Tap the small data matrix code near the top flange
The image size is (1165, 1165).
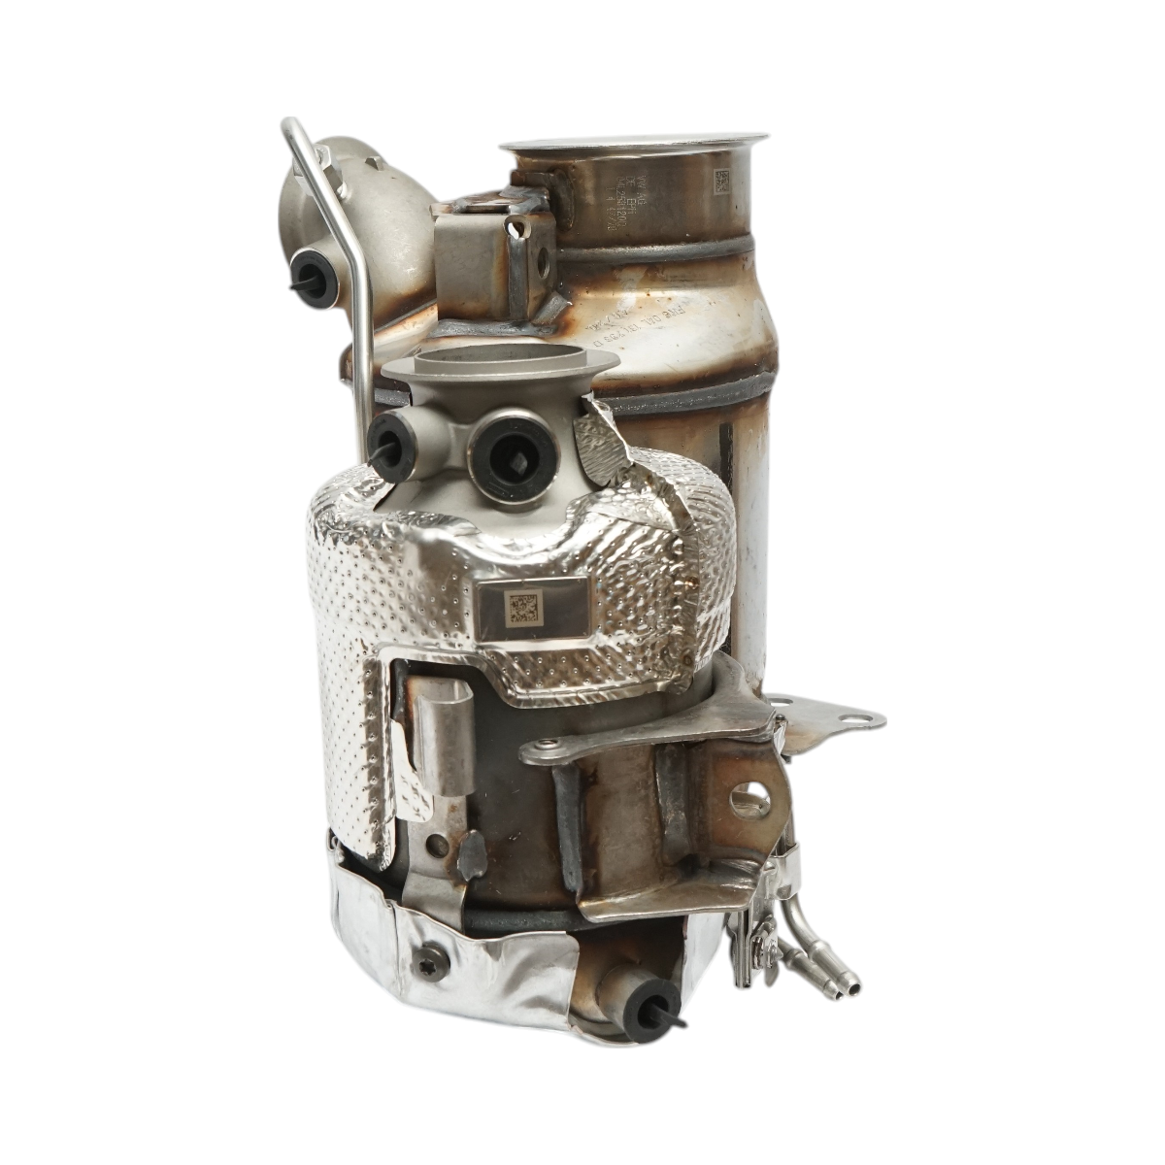tap(722, 182)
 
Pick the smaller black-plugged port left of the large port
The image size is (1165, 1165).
tap(394, 435)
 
